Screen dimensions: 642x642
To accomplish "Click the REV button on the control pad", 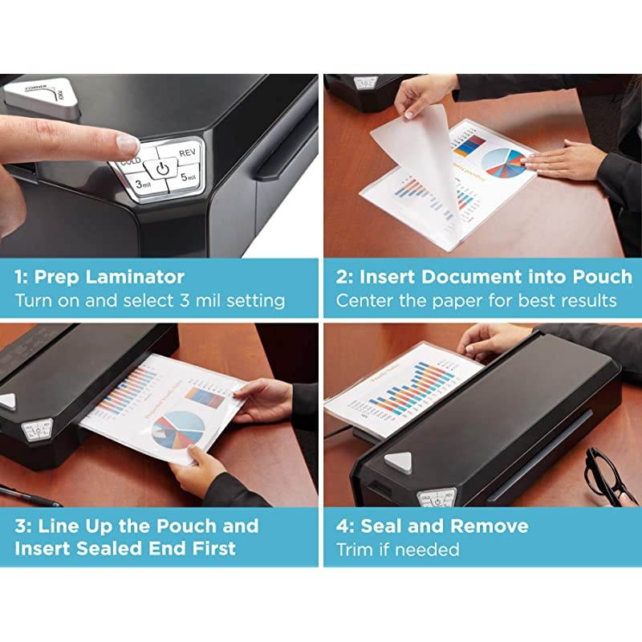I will click(187, 152).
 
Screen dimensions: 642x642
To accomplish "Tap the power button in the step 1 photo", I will click(163, 169).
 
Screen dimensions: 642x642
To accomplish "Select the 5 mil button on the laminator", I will click(186, 177).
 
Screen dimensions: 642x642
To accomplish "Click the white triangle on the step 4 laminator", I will click(398, 461).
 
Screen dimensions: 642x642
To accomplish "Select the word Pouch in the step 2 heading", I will click(603, 277).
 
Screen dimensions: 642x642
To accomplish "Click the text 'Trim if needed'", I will click(397, 550).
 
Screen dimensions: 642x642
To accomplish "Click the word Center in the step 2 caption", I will click(363, 301).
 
